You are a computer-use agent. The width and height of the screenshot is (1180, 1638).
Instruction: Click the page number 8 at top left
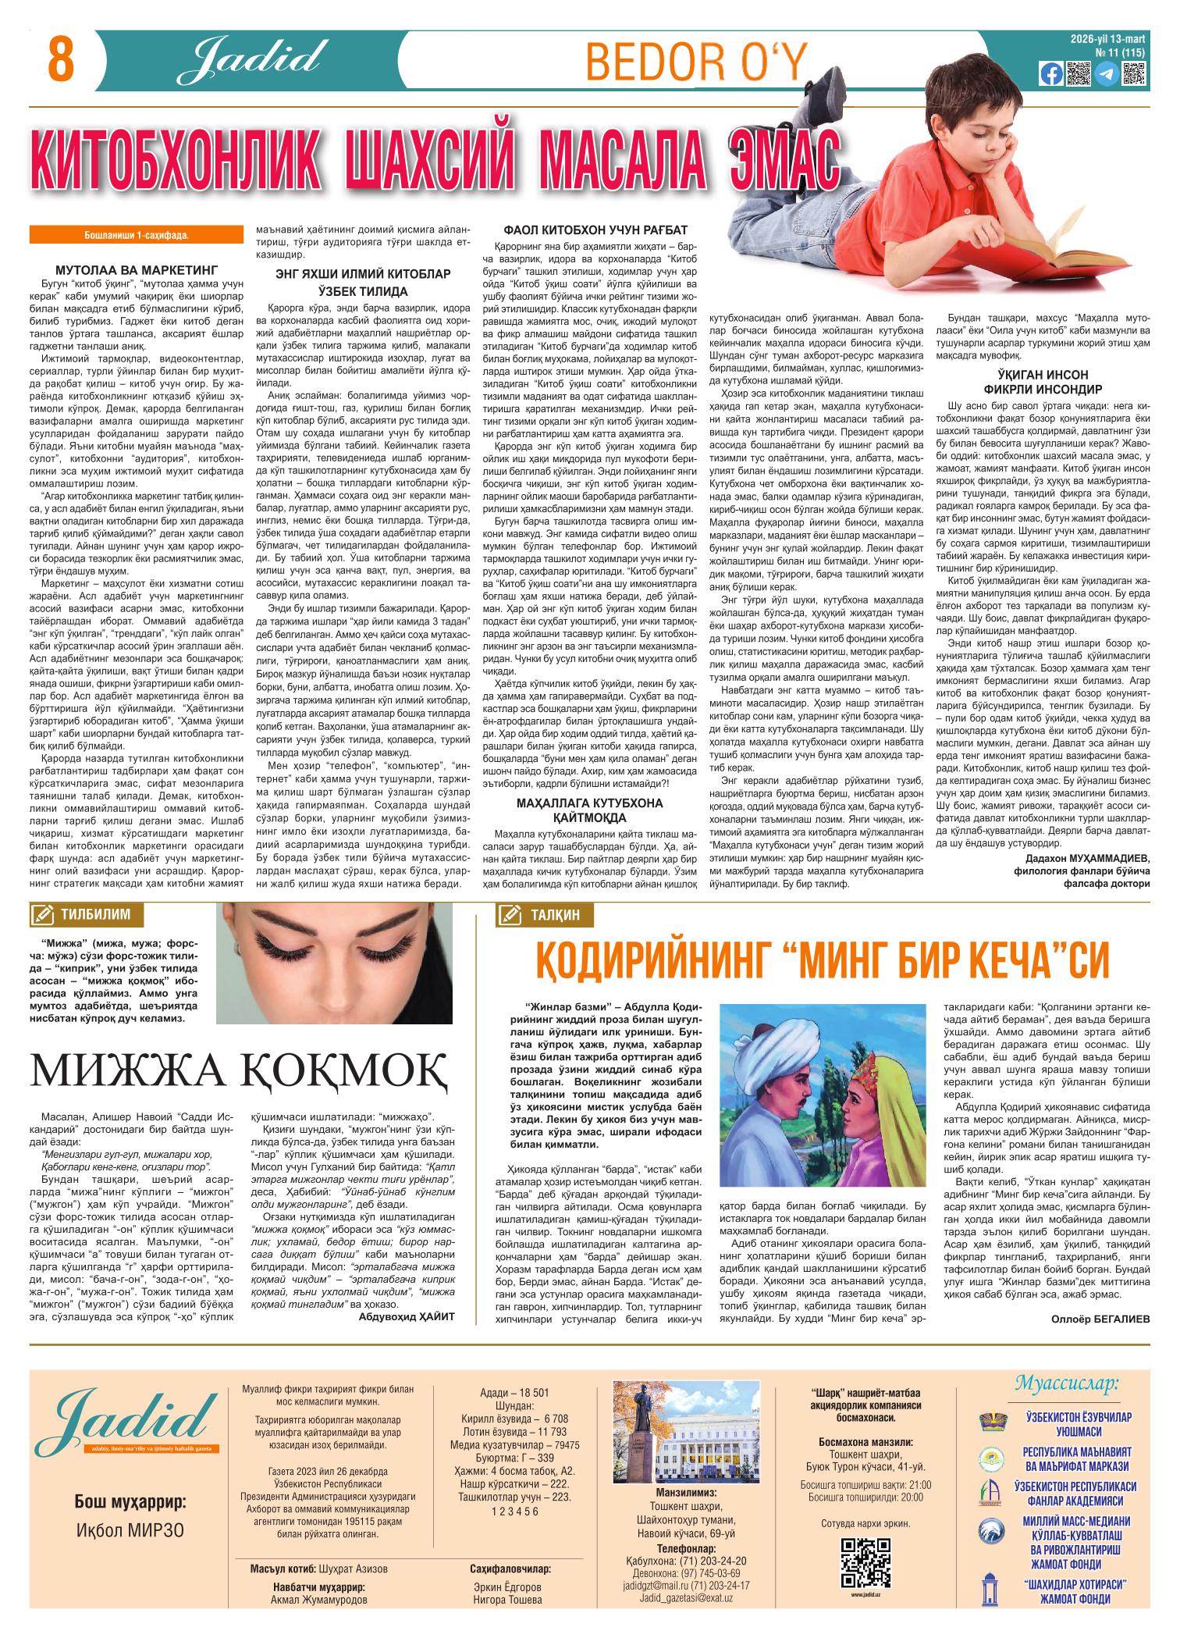(60, 61)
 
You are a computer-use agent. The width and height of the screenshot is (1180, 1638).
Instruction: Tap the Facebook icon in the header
(1050, 73)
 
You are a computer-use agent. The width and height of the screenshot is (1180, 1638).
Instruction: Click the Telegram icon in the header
(1105, 73)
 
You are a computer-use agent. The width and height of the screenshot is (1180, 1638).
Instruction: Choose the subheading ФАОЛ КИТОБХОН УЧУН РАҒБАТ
(596, 230)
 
